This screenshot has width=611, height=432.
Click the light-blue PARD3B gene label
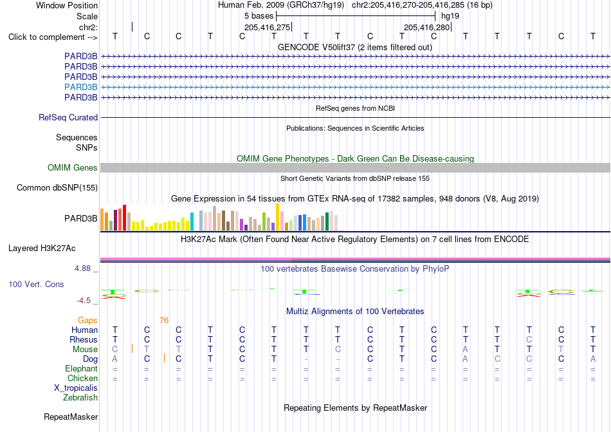click(80, 87)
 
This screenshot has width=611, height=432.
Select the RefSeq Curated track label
click(68, 117)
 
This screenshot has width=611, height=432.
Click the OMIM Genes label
click(73, 167)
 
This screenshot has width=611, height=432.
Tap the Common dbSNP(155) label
click(57, 187)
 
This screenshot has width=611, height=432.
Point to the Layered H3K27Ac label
click(42, 249)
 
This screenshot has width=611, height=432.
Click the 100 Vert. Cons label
click(36, 284)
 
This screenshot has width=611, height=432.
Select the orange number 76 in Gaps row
click(164, 321)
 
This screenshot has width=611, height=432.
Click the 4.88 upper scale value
click(82, 268)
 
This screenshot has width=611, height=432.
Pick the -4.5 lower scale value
click(84, 301)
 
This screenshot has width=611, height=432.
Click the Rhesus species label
click(84, 339)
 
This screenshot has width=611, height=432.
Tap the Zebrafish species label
click(80, 398)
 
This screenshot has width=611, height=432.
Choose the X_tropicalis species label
click(76, 388)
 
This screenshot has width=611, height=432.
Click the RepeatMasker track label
click(71, 417)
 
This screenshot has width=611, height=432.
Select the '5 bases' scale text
click(259, 16)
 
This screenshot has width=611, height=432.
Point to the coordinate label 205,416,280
click(426, 27)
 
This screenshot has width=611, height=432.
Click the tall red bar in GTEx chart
click(124, 218)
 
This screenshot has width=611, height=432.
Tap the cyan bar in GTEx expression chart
click(192, 221)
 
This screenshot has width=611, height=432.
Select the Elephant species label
click(82, 368)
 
